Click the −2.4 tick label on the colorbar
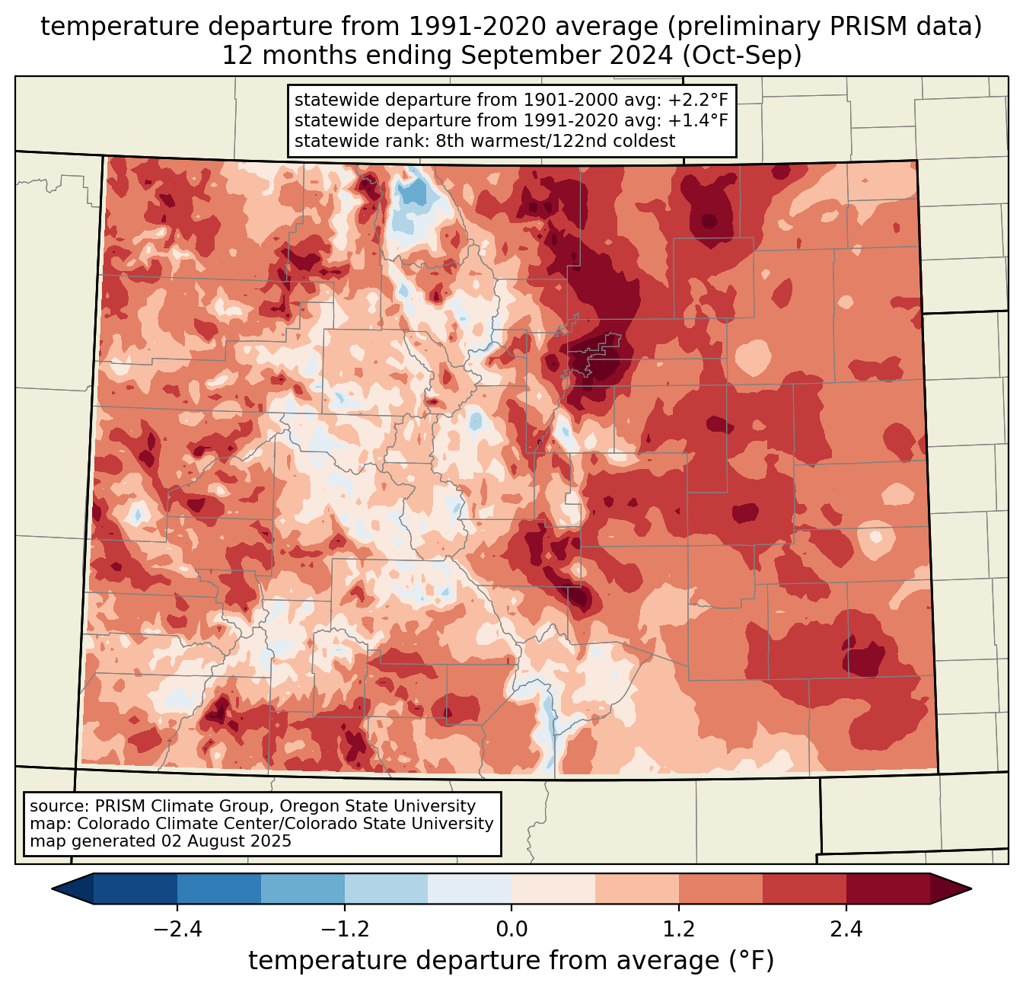pos(177,930)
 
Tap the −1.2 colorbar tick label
pos(345,930)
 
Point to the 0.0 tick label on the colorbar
pos(511,930)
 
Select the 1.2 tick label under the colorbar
pos(679,930)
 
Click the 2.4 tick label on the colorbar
pos(846,930)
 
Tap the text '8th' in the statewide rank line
pos(451,141)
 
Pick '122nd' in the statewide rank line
pos(569,141)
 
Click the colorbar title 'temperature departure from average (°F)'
pos(511,961)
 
